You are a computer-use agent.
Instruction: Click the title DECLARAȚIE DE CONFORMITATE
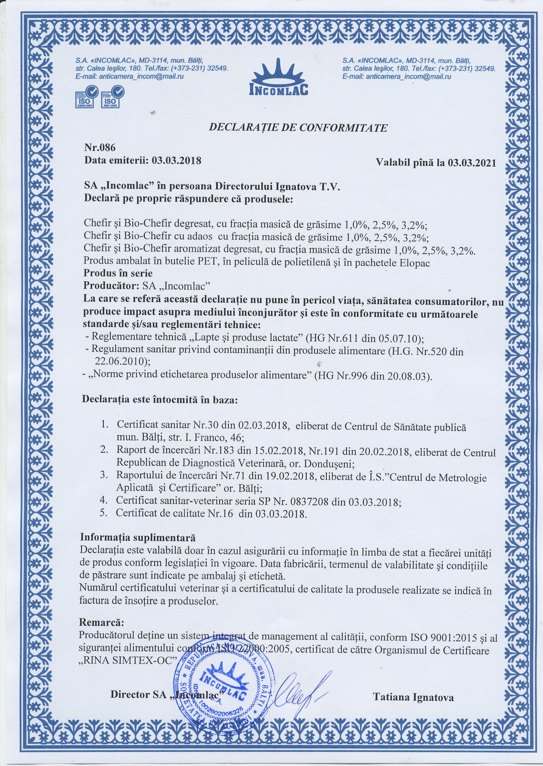coord(298,128)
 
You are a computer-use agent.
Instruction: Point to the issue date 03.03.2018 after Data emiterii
coord(176,161)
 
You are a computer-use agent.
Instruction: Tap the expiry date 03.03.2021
coord(472,163)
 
